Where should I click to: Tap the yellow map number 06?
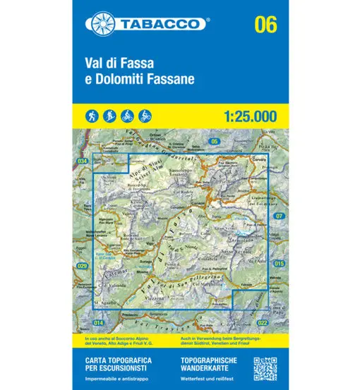pyautogui.click(x=263, y=25)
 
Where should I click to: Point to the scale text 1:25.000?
pyautogui.click(x=248, y=115)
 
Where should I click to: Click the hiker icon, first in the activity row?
pyautogui.click(x=92, y=114)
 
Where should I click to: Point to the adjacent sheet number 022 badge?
pyautogui.click(x=263, y=323)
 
